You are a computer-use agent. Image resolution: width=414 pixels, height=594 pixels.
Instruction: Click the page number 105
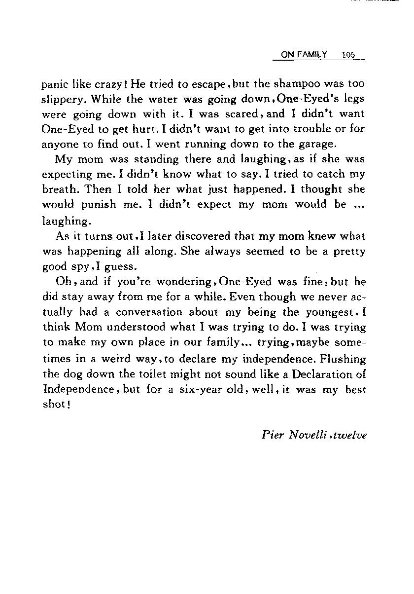pyautogui.click(x=348, y=55)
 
